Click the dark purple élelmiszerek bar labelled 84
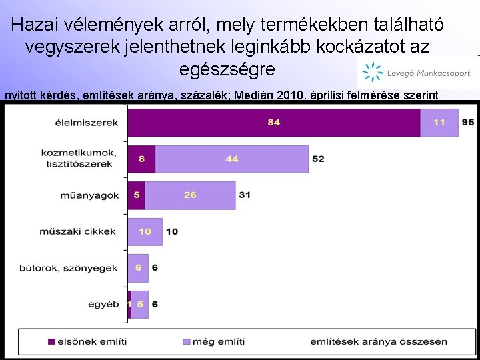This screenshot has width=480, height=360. tap(273, 123)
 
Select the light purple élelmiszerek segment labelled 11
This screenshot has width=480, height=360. tap(439, 123)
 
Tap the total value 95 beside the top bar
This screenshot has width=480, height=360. tap(468, 123)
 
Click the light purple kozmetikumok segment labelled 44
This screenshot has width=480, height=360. tap(232, 159)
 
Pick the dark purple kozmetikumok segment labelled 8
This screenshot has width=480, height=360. tap(141, 159)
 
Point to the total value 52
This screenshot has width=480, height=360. tap(318, 159)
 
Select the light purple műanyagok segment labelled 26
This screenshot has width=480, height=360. tap(190, 195)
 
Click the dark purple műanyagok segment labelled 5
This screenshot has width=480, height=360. tap(136, 195)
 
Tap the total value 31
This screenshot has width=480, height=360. tap(245, 195)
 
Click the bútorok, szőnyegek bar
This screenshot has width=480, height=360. tap(138, 267)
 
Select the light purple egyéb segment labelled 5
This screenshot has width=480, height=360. tap(140, 304)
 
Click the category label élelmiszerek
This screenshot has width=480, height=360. tap(88, 123)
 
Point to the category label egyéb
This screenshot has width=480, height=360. tap(103, 304)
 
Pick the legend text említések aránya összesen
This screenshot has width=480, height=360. tap(379, 341)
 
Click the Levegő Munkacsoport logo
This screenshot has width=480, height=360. tap(417, 71)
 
